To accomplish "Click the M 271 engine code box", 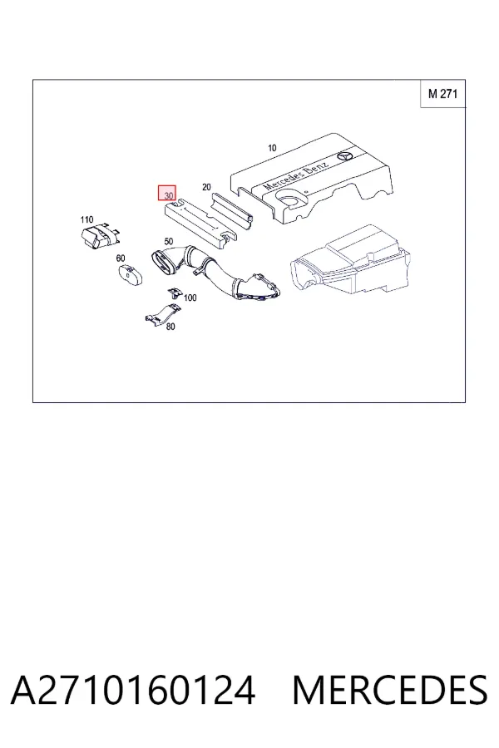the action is [x=442, y=93].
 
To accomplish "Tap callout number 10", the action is [x=272, y=149].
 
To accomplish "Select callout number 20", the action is [x=206, y=187].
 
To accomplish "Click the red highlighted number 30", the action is [x=168, y=194].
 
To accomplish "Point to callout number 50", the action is [x=169, y=242].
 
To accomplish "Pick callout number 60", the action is [x=121, y=258].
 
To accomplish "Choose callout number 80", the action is [x=170, y=327].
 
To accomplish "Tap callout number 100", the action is [x=190, y=298].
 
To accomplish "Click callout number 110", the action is [x=86, y=220].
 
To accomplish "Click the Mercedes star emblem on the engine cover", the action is [x=345, y=157].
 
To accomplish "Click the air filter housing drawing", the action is [x=350, y=259].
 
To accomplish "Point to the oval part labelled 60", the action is [x=131, y=275].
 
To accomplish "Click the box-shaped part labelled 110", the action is [x=99, y=235].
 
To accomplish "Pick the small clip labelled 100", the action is [x=175, y=293].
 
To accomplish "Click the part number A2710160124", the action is [x=133, y=690].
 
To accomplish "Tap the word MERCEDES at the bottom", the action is [x=390, y=690].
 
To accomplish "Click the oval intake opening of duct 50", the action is [x=163, y=263].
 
